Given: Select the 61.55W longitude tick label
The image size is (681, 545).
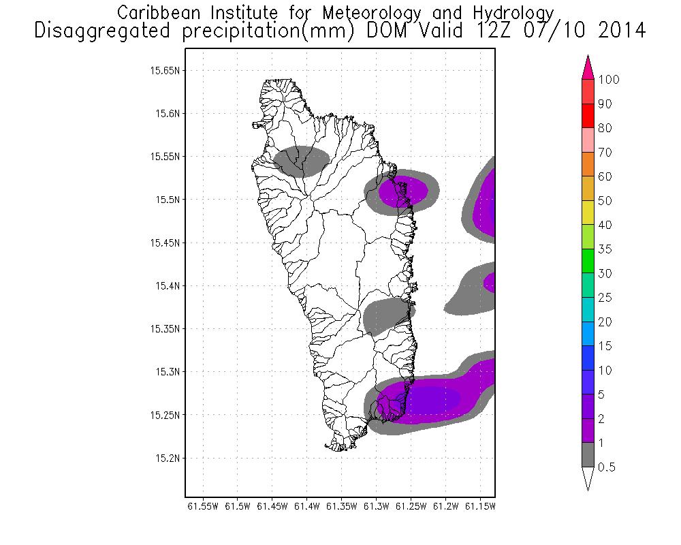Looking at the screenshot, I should pos(202,506).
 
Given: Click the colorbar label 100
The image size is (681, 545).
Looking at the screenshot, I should pos(609,80).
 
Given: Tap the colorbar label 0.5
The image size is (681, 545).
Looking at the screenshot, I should pos(606,467).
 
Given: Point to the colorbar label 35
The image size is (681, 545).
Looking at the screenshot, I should pos(605,249).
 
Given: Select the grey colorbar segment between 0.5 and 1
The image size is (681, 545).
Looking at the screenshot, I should pos(589,454).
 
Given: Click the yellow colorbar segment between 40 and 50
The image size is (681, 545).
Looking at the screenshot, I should pos(589,213).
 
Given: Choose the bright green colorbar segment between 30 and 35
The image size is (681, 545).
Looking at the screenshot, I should pos(589,261).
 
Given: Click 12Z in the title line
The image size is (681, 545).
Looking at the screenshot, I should pos(481,31).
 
